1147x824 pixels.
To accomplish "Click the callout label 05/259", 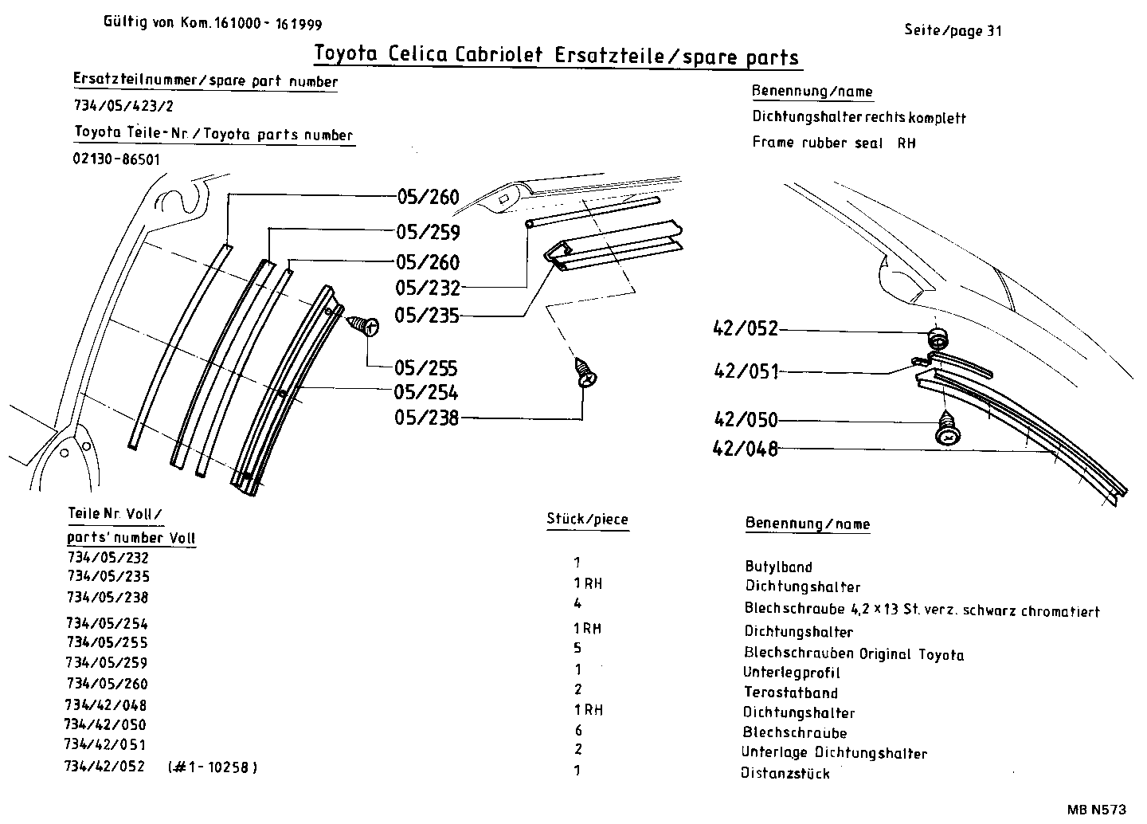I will [x=428, y=232].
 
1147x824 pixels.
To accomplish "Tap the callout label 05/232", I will [x=428, y=288].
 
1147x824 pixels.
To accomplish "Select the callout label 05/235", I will [x=428, y=316].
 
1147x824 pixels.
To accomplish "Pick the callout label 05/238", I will [x=427, y=418].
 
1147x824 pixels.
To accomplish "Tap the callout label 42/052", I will [x=746, y=329].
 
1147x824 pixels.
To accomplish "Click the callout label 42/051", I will [x=746, y=371].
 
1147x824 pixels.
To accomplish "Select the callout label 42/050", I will [x=746, y=420].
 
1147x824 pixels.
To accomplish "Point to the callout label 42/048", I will [x=745, y=449].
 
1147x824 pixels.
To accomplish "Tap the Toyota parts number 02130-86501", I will [x=117, y=159].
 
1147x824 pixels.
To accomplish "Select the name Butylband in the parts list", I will [x=778, y=567].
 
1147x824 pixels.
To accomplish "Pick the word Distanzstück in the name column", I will [x=785, y=773].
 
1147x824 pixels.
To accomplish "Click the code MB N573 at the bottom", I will [x=1098, y=810].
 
